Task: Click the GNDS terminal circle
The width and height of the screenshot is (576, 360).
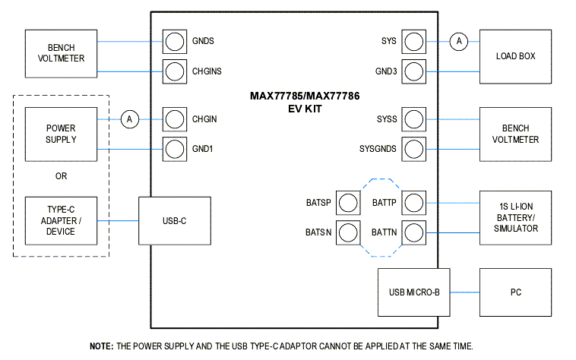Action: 175,41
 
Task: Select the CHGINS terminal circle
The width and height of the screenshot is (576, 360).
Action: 175,71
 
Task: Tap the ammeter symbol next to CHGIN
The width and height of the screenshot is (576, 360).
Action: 130,119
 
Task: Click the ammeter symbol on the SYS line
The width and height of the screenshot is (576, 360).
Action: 458,41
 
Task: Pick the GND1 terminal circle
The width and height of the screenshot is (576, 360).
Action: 175,149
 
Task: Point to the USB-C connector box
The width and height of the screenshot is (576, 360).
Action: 174,220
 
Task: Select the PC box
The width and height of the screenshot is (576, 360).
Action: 515,292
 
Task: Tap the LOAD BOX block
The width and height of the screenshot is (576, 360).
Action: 515,57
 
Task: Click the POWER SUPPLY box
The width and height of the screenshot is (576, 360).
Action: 62,134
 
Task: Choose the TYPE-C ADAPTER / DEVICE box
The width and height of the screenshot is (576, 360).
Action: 62,220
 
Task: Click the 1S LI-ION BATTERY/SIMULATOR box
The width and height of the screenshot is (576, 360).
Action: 515,217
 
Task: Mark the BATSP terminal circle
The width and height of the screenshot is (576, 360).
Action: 348,203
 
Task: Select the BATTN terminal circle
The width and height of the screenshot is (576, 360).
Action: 413,232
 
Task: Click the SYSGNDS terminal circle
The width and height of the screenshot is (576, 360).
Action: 413,149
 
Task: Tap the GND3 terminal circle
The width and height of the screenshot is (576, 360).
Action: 413,71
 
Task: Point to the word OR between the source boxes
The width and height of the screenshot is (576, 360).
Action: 62,175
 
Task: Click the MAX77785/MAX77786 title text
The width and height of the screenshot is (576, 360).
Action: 294,96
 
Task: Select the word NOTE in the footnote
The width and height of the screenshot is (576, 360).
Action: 100,346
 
